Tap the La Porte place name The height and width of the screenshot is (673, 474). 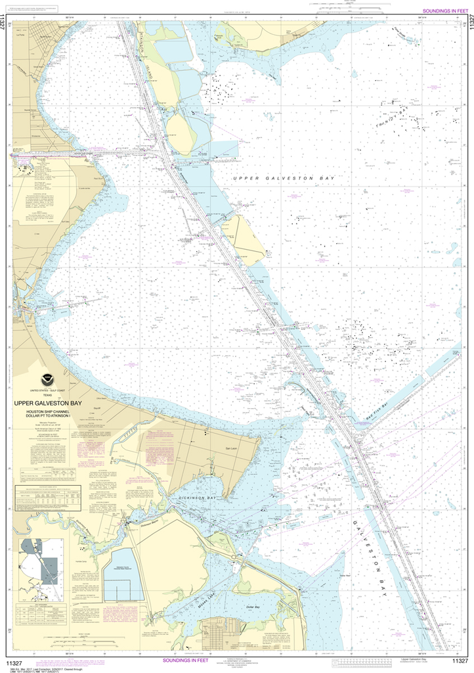pos(18,37)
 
